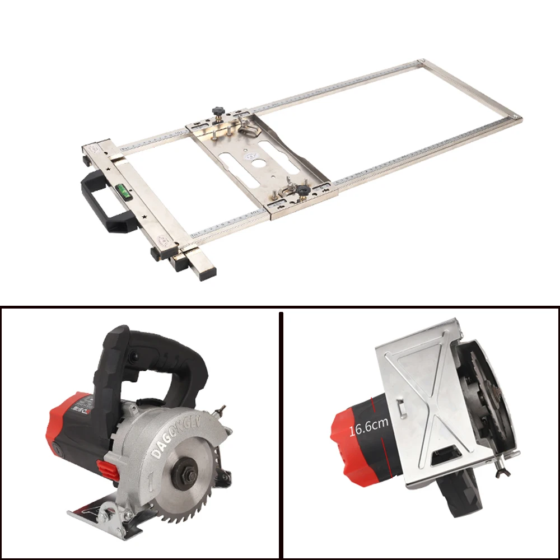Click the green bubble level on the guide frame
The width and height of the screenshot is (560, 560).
124,193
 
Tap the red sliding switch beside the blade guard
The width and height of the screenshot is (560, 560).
108,469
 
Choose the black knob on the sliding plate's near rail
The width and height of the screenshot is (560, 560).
302,192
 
